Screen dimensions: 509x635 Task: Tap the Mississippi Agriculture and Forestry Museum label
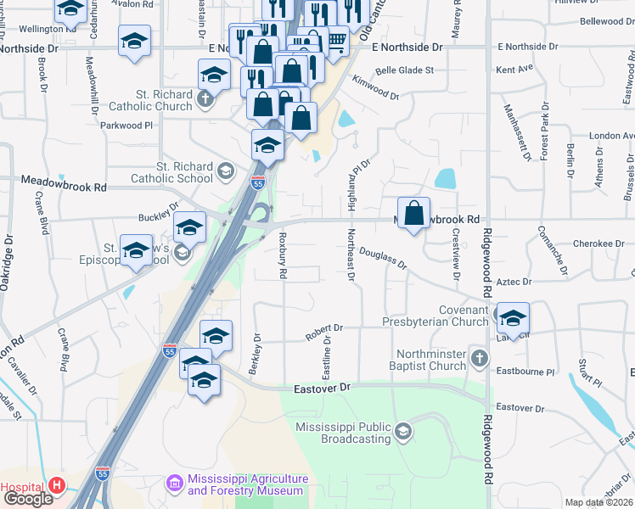click(245, 484)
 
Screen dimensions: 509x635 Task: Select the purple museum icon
click(176, 483)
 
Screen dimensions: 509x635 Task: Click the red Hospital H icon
click(57, 485)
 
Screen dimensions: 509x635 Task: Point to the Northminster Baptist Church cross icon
click(480, 358)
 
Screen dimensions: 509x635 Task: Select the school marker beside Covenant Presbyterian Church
click(513, 318)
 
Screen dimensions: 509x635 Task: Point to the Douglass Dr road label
click(383, 257)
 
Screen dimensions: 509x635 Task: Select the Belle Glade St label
click(404, 70)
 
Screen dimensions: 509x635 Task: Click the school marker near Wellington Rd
click(133, 42)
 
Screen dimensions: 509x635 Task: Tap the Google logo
click(28, 498)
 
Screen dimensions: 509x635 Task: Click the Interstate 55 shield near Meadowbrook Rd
click(258, 182)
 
